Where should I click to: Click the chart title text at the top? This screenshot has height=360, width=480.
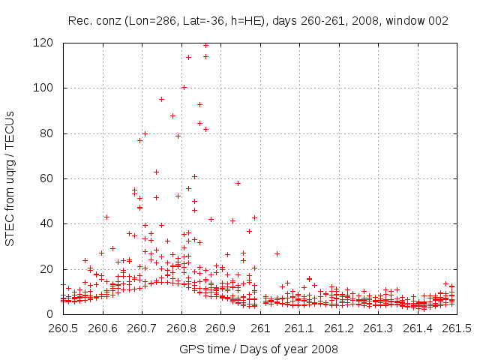[x=258, y=21]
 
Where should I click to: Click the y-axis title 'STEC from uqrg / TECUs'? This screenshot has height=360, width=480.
[x=10, y=178]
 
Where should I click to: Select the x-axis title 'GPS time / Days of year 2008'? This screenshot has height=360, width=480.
[x=258, y=349]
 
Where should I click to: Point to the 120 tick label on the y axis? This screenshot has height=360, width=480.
[x=46, y=43]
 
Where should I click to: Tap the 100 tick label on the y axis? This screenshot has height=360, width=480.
[x=46, y=88]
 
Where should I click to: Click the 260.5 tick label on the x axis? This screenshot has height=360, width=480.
[x=63, y=328]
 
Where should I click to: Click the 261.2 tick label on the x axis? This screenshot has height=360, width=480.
[x=339, y=328]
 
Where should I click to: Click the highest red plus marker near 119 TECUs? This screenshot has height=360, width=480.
[x=205, y=45]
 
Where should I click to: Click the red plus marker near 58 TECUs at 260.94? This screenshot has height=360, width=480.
[x=238, y=183]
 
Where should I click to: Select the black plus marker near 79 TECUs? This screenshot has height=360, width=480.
[x=178, y=136]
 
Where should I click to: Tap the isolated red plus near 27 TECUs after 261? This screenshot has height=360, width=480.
[x=277, y=253]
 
